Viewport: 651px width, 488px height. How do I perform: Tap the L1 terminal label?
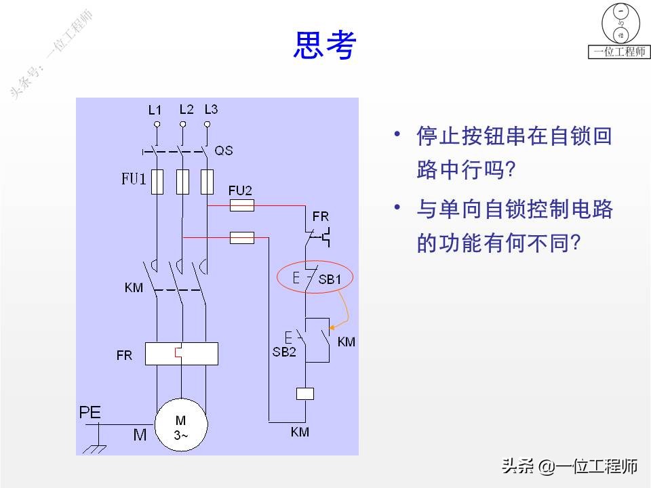pyautogui.click(x=155, y=109)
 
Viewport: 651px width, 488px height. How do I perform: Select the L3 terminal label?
pyautogui.click(x=211, y=108)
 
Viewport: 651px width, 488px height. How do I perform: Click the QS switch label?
pyautogui.click(x=223, y=150)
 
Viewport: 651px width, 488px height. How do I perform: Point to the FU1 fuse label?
pyautogui.click(x=134, y=180)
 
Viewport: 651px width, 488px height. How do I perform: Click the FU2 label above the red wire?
pyautogui.click(x=240, y=190)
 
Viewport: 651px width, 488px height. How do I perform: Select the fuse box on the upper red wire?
pyautogui.click(x=242, y=205)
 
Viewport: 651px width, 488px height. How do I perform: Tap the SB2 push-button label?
pyautogui.click(x=284, y=352)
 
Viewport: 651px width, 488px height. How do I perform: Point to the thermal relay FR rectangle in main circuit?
pyautogui.click(x=182, y=354)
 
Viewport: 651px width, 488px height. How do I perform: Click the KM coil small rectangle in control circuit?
pyautogui.click(x=305, y=392)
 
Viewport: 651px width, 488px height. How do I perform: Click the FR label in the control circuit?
pyautogui.click(x=320, y=218)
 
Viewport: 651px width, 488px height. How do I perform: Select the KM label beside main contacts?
pyautogui.click(x=134, y=288)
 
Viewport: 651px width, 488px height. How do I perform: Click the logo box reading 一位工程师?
pyautogui.click(x=618, y=52)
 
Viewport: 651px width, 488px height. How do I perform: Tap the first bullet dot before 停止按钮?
pyautogui.click(x=398, y=134)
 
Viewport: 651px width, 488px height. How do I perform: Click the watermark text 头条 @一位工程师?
pyautogui.click(x=570, y=466)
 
